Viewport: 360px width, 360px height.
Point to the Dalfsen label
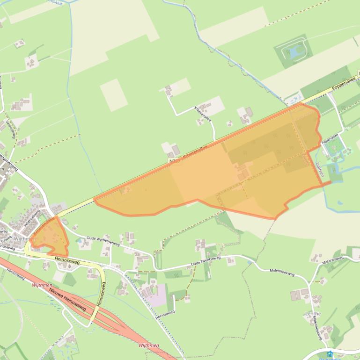coord(320,169)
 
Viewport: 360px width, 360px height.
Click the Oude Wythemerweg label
coord(103,241)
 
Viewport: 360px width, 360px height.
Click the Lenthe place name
coord(313,314)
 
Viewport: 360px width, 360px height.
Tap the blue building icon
coord(330,354)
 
